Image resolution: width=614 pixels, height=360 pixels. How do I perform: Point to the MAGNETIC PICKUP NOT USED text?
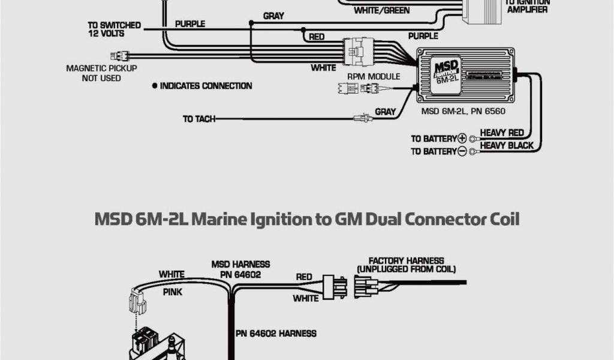(x=101, y=73)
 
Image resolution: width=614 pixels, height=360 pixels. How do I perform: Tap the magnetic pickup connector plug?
(x=119, y=56)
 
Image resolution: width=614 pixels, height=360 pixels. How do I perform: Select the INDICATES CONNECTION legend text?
(x=206, y=86)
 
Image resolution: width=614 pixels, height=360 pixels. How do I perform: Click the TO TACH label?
(x=198, y=119)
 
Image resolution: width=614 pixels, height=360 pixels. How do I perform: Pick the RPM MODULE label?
(x=374, y=77)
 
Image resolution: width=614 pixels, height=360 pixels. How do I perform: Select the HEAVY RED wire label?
(x=502, y=133)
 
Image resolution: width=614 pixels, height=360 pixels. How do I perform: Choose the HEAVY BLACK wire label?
(x=507, y=146)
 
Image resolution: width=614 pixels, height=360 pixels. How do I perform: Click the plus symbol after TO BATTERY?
(x=462, y=138)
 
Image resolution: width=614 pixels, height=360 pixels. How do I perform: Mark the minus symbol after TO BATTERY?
(x=462, y=152)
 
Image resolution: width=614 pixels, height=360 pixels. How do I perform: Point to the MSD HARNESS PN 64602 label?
(x=240, y=268)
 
